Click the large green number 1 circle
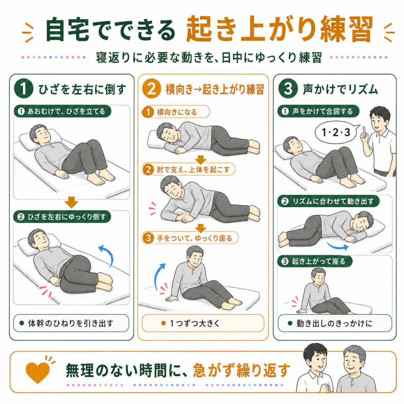point(23,88)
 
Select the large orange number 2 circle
point(151,88)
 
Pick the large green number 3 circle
point(288,88)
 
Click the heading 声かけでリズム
point(340,89)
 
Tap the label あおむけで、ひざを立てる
point(62,111)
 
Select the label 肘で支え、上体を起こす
point(189,169)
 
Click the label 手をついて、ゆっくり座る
point(190,238)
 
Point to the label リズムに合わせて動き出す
point(329,201)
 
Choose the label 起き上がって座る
point(315,261)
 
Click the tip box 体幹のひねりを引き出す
point(71,323)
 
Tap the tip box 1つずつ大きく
point(203,323)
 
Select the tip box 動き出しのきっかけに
point(335,323)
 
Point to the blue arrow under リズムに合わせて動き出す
point(338,247)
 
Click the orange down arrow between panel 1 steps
point(71,202)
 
